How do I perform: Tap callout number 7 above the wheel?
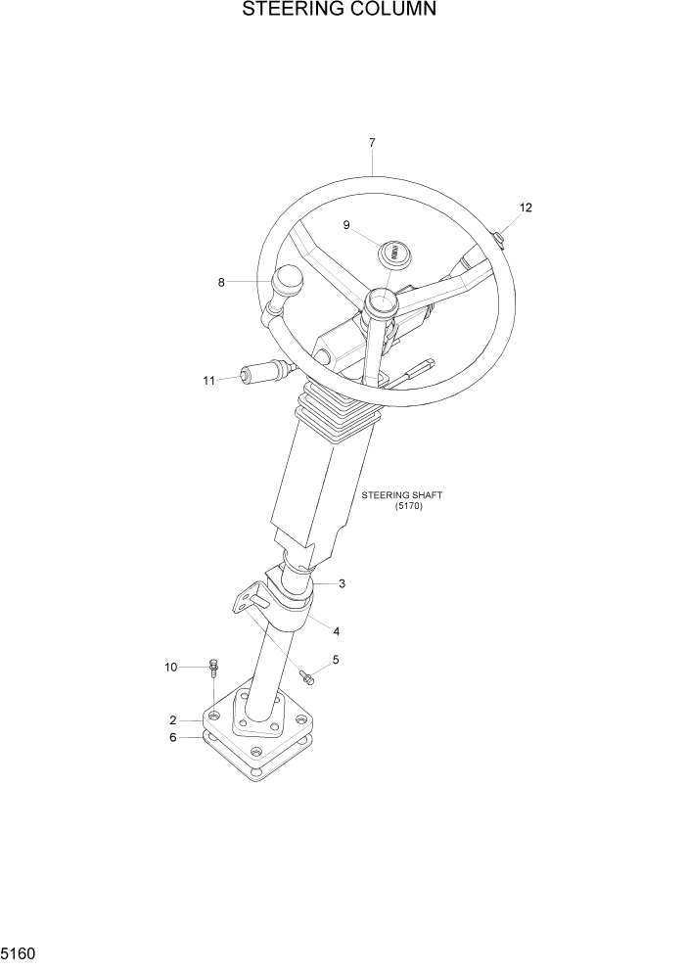(x=372, y=143)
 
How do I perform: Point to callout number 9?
(x=346, y=225)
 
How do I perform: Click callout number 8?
(x=221, y=283)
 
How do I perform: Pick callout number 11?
(x=208, y=381)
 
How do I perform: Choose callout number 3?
(x=342, y=584)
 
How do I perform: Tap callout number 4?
(x=336, y=631)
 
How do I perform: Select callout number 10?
(x=171, y=668)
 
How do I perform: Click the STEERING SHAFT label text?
(x=402, y=495)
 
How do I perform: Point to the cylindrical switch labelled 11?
(x=259, y=373)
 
